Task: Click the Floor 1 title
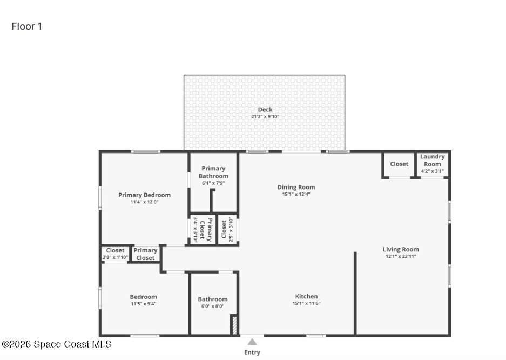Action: [x=27, y=26]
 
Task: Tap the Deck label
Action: [x=265, y=109]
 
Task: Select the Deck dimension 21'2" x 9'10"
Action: [x=265, y=117]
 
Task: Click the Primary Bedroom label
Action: [x=144, y=195]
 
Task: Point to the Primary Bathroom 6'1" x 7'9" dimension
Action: [x=213, y=183]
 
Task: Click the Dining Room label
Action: [x=296, y=187]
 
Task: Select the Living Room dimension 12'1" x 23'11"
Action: [x=401, y=256]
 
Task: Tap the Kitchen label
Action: [x=306, y=296]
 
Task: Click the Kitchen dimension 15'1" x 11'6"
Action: [x=306, y=303]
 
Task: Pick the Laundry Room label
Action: [x=433, y=160]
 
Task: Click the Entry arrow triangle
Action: [x=252, y=342]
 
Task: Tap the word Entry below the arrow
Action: [x=252, y=352]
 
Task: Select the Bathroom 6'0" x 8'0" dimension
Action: [x=213, y=306]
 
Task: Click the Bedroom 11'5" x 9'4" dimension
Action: [x=143, y=304]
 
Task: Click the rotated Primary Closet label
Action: [x=206, y=230]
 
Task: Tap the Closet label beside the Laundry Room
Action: [x=399, y=164]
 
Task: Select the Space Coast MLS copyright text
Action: [x=57, y=344]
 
